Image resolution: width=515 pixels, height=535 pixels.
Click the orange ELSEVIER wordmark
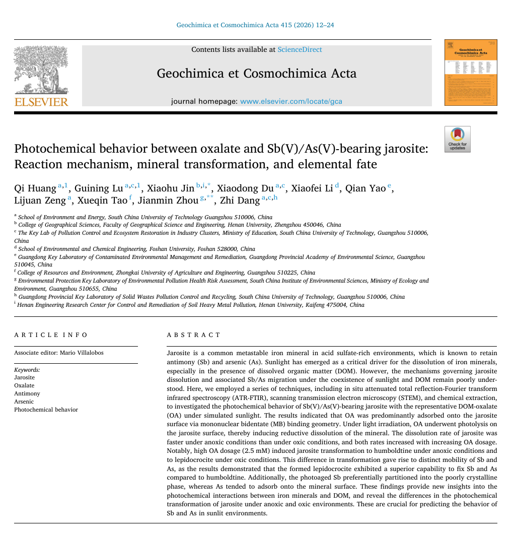click(x=41, y=102)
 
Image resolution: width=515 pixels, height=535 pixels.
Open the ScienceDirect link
click(x=300, y=49)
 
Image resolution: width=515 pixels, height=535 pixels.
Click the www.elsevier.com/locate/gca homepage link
click(x=291, y=101)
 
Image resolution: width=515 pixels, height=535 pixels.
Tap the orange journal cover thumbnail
click(x=471, y=73)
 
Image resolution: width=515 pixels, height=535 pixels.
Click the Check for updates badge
click(x=458, y=139)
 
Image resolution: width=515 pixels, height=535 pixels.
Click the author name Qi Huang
click(x=35, y=188)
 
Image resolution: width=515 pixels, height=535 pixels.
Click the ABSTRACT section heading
click(x=193, y=335)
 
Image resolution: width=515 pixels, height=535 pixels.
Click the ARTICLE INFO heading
click(x=51, y=335)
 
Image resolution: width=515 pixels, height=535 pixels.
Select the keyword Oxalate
click(x=24, y=385)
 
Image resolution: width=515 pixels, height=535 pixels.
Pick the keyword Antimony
click(x=27, y=393)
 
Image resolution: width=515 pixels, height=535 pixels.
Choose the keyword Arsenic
click(x=24, y=402)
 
